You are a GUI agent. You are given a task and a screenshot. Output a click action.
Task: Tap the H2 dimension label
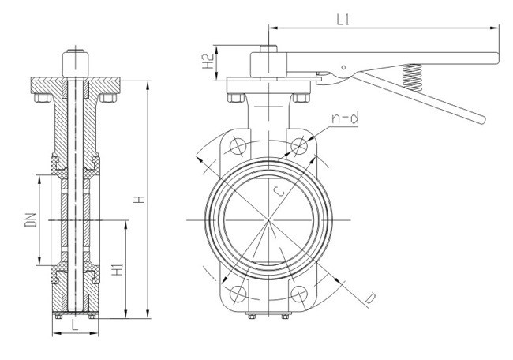click(x=208, y=63)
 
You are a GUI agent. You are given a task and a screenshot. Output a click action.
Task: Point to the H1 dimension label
click(x=116, y=271)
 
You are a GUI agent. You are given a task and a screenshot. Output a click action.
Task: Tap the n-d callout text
click(x=345, y=118)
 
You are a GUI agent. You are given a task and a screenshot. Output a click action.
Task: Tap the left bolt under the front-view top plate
click(x=234, y=99)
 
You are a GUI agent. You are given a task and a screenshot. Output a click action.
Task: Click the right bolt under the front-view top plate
click(x=301, y=99)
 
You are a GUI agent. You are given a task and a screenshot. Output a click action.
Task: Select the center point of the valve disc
click(x=268, y=220)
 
